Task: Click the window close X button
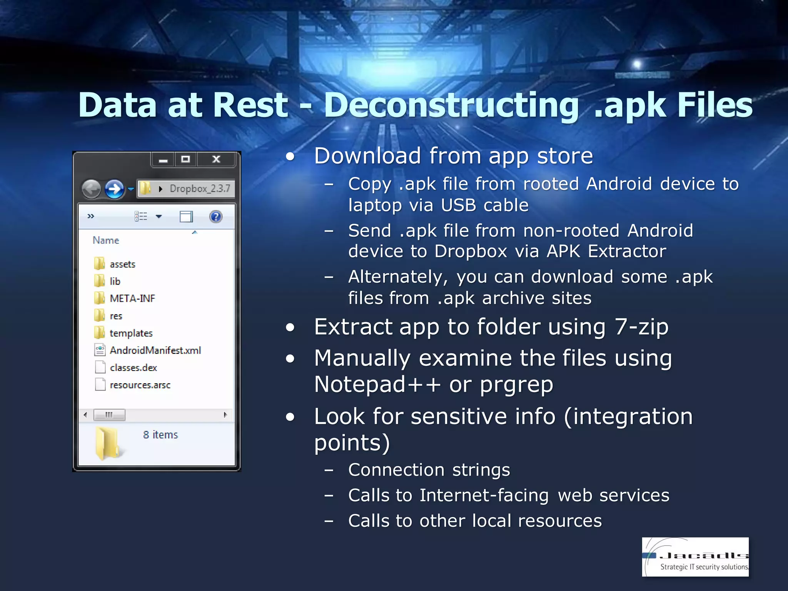[216, 159]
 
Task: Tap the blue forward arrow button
[114, 189]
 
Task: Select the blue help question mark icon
[216, 217]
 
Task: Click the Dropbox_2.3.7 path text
[200, 189]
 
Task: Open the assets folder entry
[122, 264]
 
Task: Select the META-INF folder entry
[132, 299]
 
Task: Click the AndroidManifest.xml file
[155, 351]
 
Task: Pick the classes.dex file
[133, 368]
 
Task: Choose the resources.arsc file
[140, 385]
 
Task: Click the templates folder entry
[131, 333]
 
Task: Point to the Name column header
[106, 240]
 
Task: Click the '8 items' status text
[160, 435]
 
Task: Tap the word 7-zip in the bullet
[641, 327]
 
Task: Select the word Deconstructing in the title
[451, 105]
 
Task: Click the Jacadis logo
[695, 557]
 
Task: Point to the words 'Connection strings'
[429, 470]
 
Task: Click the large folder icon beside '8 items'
[108, 443]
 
